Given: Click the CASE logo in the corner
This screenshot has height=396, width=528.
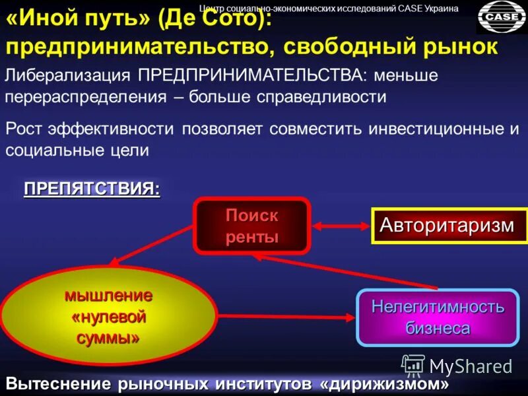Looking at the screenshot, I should click(x=501, y=16).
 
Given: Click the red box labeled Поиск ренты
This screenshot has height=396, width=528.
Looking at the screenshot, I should click(x=251, y=226).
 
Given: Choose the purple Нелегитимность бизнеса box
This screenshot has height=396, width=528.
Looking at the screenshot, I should click(x=438, y=317).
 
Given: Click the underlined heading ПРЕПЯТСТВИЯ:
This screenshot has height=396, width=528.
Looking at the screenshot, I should click(x=92, y=189).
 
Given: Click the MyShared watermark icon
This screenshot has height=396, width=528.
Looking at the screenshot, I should click(x=413, y=365).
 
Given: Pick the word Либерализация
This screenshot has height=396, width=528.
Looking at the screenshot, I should click(x=67, y=74).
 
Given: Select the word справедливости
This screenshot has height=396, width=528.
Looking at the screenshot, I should click(x=322, y=96).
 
